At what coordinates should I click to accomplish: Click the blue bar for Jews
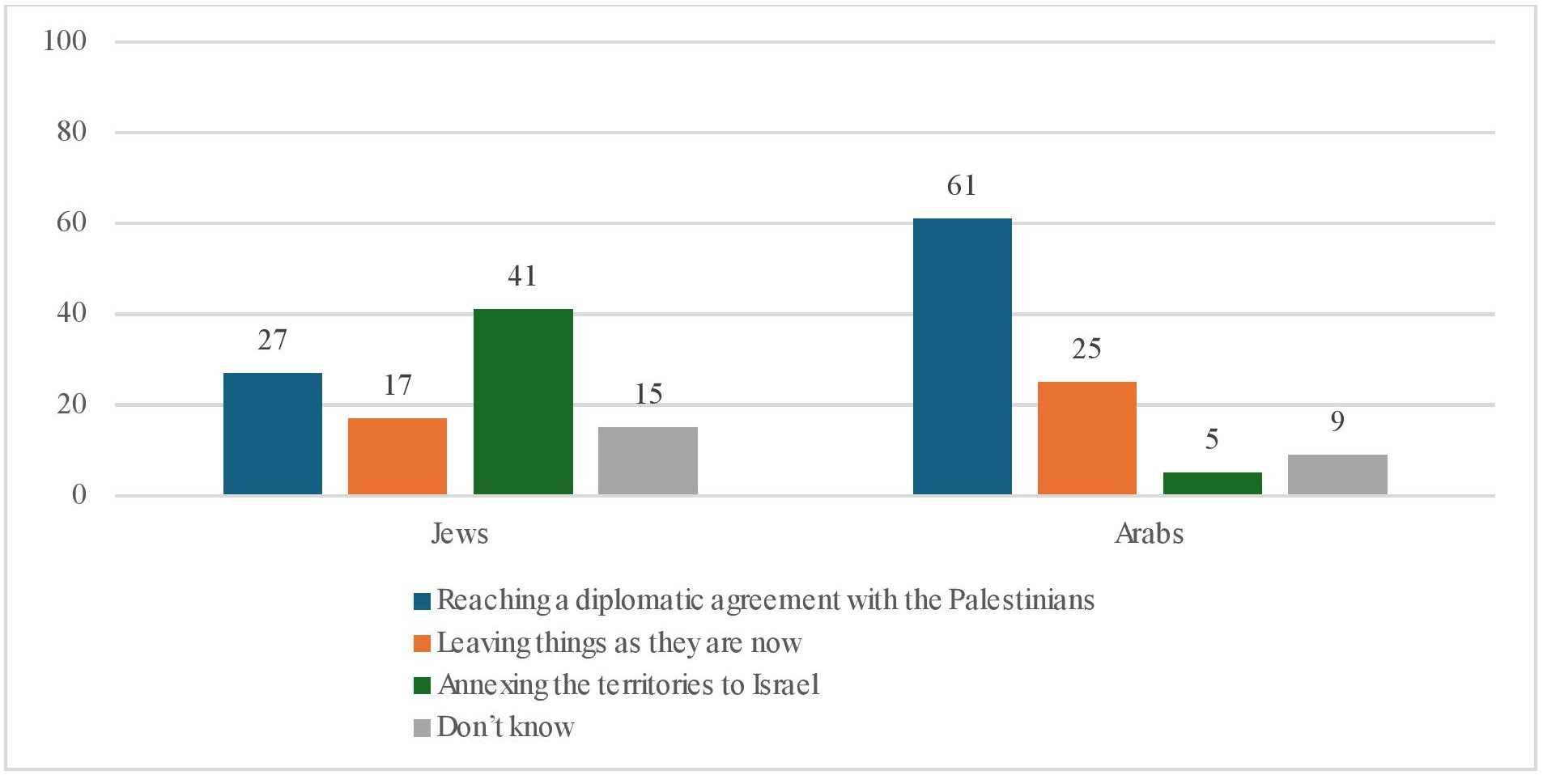272,434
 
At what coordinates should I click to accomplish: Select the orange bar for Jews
397,456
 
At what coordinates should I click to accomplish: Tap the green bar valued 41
523,401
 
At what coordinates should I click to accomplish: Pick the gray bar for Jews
648,460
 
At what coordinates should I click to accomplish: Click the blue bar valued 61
962,356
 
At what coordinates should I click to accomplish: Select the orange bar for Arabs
1086,438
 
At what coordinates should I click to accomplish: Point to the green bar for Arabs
1212,483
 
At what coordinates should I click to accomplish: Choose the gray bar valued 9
1337,474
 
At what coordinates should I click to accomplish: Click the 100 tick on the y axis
65,40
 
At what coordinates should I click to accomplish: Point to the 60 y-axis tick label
71,222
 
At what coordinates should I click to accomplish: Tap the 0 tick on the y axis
79,494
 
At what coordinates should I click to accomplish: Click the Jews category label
460,534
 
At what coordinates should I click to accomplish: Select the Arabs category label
1149,534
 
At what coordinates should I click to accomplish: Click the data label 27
272,340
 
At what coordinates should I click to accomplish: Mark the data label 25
1086,349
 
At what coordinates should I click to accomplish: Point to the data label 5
1212,439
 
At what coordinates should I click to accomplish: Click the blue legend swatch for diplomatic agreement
422,601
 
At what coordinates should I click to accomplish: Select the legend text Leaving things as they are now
618,643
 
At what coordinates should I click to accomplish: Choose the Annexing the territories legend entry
628,685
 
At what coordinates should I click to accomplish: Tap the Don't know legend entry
505,727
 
